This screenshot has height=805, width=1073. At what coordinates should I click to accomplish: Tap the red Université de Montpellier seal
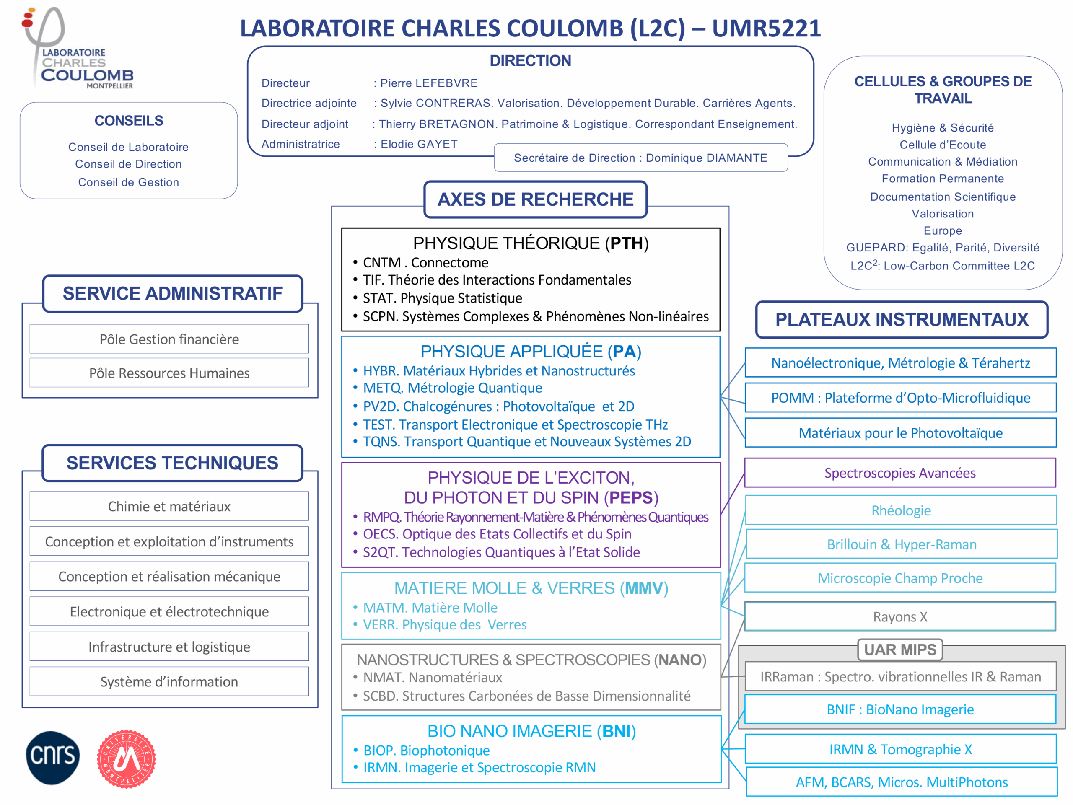point(126,759)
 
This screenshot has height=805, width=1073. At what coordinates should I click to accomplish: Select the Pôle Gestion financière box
point(169,339)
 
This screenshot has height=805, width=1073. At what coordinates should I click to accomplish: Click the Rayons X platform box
point(900,617)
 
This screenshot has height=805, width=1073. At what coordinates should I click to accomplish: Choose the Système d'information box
point(169,681)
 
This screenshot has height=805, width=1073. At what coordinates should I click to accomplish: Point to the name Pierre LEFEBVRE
point(429,83)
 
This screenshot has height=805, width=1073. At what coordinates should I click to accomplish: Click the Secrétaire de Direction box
point(640,158)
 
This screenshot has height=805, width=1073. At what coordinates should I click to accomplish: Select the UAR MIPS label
point(900,650)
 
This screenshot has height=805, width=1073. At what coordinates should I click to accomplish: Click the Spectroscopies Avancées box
point(900,473)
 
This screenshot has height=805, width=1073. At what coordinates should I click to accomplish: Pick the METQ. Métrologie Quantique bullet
point(452,388)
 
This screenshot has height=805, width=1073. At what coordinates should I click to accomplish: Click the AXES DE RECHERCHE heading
point(535,199)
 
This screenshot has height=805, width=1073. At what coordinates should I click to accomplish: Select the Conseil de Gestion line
point(129,182)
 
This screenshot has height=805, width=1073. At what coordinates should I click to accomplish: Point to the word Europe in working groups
point(943,231)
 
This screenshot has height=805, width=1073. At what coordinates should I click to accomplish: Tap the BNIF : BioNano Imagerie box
point(900,709)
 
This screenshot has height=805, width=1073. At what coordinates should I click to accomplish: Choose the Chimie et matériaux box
point(169,506)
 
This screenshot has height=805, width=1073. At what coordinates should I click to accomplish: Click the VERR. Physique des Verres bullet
point(444,625)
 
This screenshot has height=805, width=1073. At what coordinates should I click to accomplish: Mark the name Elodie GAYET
point(419,144)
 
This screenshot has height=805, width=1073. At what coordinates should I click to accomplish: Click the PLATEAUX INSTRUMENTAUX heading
point(901,320)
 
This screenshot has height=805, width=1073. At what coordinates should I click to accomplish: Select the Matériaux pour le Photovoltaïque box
point(900,433)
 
